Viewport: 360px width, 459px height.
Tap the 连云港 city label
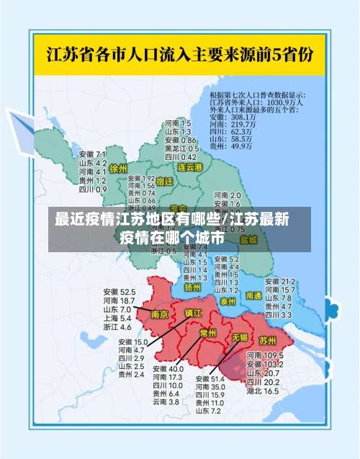(x=191, y=166)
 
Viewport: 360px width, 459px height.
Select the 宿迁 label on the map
(x=164, y=181)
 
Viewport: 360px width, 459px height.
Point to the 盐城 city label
(x=248, y=239)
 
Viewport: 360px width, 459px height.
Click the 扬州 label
(x=192, y=287)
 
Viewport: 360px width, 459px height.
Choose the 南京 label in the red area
(x=160, y=314)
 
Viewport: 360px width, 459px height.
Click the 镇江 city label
(x=193, y=313)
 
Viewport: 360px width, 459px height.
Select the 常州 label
(x=207, y=333)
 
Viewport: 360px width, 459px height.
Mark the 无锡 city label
(x=239, y=337)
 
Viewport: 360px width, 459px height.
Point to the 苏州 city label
(x=267, y=339)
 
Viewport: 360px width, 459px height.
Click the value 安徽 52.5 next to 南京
(x=118, y=291)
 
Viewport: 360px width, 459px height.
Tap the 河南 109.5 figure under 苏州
(x=264, y=356)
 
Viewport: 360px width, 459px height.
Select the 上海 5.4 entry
(x=116, y=318)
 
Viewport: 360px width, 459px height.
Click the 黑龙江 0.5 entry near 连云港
(x=179, y=148)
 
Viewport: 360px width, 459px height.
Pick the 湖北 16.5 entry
(x=262, y=391)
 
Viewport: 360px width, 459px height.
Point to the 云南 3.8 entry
(x=165, y=401)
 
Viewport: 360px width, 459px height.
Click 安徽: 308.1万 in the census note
(x=233, y=117)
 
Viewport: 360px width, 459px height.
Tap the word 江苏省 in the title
(x=70, y=53)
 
